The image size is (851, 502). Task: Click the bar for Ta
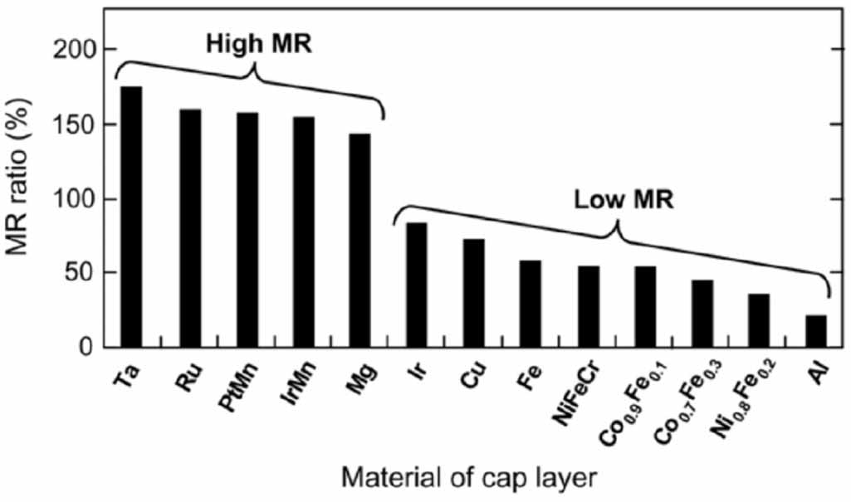pos(131,217)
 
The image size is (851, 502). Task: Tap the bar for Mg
pos(359,241)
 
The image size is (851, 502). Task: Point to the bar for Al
pos(816,331)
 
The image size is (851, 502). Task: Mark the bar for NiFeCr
pos(589,306)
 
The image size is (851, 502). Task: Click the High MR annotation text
pos(258,44)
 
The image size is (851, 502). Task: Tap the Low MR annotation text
pos(614,200)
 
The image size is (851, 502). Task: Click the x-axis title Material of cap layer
pos(469,477)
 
